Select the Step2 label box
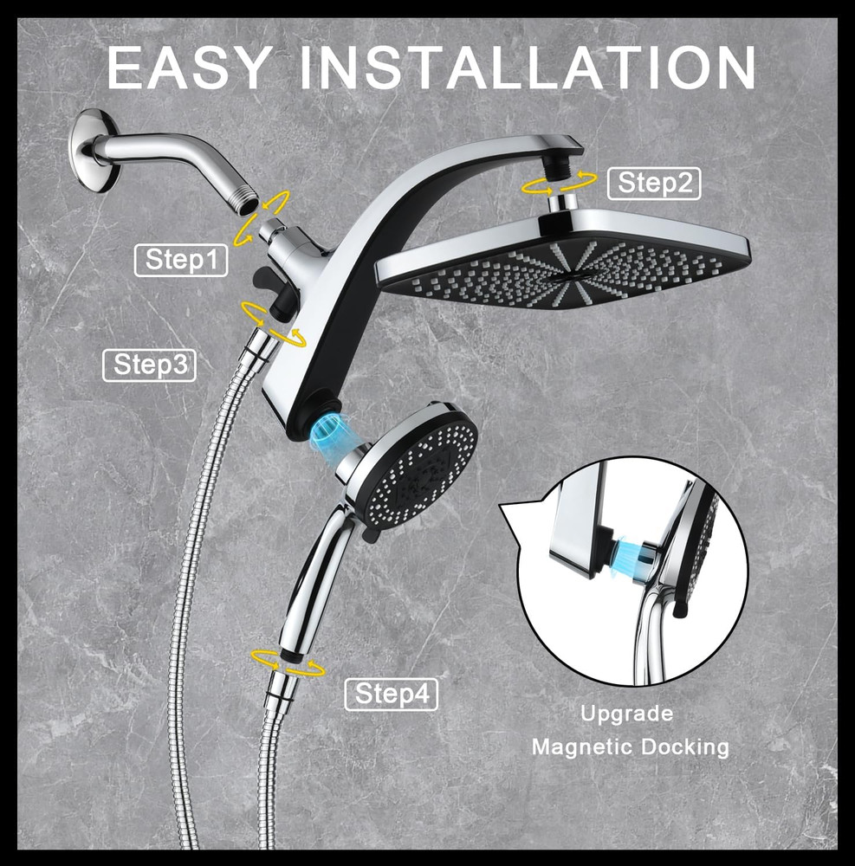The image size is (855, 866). coord(654,184)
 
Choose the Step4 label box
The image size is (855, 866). coord(392,694)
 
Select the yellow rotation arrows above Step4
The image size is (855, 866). coord(288,662)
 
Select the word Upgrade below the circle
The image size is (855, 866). coord(626,714)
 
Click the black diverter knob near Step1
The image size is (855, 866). coord(263,280)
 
